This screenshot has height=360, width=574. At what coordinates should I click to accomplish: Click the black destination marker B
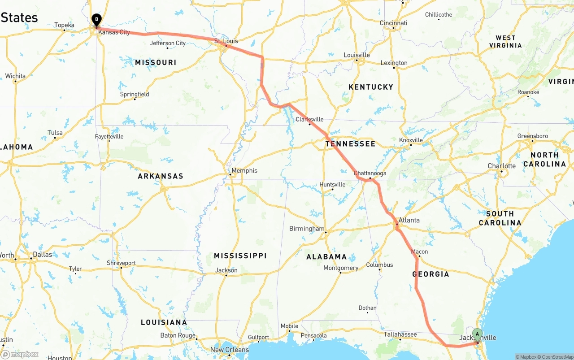coord(96,20)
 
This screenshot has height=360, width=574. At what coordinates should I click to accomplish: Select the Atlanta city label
coord(409,220)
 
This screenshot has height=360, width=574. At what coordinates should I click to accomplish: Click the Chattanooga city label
coord(370,173)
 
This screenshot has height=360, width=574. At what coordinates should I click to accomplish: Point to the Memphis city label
coord(244,170)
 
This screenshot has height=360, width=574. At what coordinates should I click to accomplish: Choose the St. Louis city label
coord(226,41)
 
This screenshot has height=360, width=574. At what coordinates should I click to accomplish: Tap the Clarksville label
coord(309,119)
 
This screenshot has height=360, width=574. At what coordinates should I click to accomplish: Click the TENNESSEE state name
coord(350,144)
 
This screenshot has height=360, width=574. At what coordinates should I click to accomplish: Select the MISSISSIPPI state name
coord(240,256)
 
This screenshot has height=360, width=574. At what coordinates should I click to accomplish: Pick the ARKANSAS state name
coord(161,176)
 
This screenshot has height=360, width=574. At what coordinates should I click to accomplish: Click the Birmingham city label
coord(307,229)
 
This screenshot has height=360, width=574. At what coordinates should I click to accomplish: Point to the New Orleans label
coord(229,350)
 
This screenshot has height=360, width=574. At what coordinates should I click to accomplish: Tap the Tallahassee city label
coord(400,334)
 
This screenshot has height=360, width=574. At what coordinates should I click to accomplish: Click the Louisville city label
coord(357,55)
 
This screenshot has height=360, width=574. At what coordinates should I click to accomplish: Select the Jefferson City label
coord(168,43)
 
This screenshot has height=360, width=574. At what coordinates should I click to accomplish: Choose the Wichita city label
coord(15,76)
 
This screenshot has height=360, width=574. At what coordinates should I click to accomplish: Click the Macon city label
coord(419,252)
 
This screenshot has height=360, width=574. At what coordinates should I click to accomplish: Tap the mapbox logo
coord(20,355)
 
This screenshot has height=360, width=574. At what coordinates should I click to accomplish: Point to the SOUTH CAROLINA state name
coord(500,218)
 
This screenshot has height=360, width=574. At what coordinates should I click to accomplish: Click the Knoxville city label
coord(411,140)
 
